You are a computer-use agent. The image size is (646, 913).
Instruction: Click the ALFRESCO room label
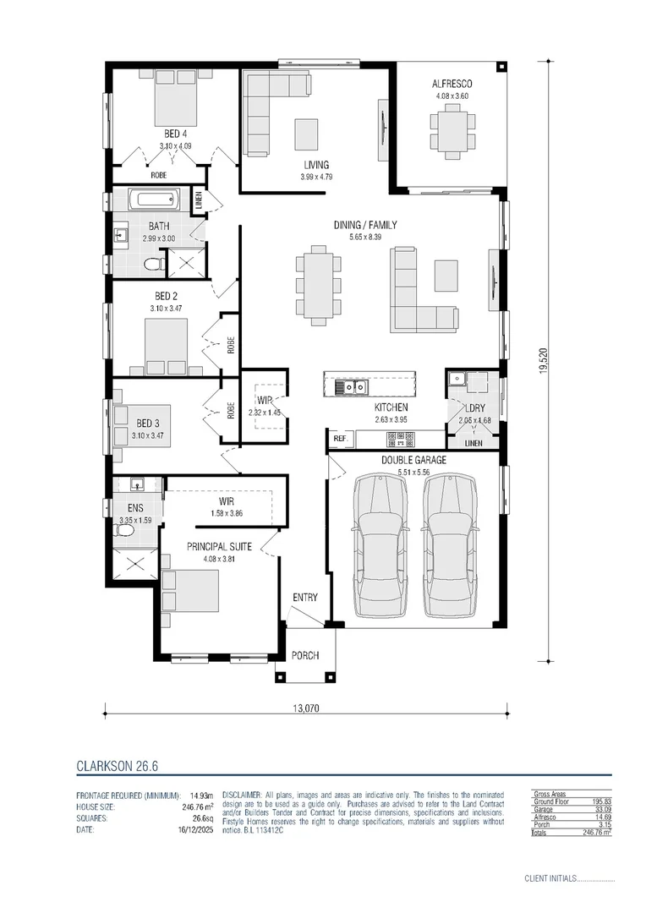click(x=452, y=84)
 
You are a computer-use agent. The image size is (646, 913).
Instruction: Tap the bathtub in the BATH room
click(x=153, y=201)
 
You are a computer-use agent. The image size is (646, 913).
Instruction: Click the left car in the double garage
click(x=380, y=544)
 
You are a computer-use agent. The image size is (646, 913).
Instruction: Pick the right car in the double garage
click(x=448, y=544)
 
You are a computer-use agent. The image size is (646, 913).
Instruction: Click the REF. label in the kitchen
click(x=340, y=439)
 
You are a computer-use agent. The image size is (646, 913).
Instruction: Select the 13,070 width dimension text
click(x=307, y=708)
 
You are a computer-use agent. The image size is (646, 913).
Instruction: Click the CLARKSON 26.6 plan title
click(x=117, y=767)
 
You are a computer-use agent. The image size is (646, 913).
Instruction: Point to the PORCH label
click(x=305, y=655)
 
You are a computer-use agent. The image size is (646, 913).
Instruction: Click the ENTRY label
click(x=305, y=598)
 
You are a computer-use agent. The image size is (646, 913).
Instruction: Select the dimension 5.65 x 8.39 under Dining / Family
click(x=365, y=238)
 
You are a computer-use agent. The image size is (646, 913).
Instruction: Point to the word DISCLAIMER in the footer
click(x=245, y=795)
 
